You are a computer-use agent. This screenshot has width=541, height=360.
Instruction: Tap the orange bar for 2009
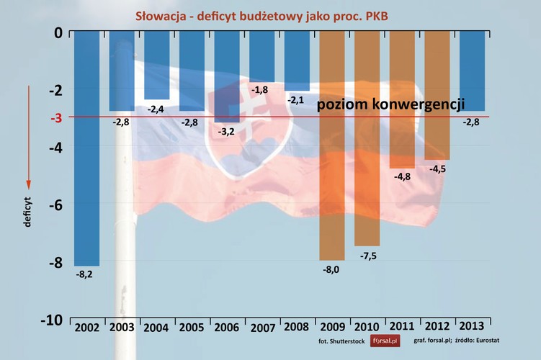click(x=332, y=144)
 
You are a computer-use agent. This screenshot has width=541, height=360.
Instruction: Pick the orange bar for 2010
click(x=367, y=137)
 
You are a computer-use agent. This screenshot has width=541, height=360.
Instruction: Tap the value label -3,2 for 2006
click(x=227, y=132)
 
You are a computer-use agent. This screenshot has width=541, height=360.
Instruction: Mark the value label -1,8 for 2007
click(x=261, y=89)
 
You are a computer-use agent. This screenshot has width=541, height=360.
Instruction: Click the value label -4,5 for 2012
click(x=437, y=168)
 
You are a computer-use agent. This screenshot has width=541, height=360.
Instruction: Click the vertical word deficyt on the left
click(x=27, y=211)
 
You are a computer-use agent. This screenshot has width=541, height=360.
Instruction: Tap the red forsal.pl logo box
click(x=385, y=343)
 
